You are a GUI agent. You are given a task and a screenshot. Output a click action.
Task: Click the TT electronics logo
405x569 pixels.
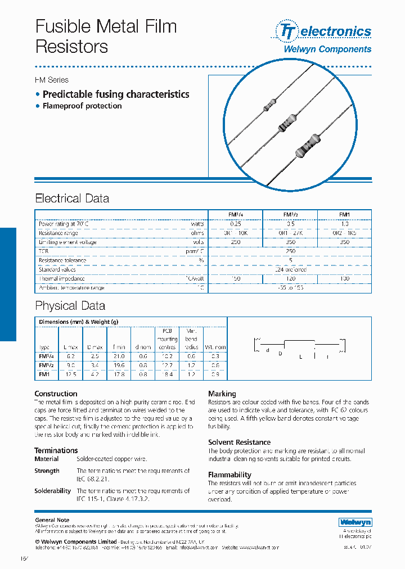323,31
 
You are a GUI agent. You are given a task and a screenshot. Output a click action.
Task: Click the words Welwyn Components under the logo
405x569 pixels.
327,49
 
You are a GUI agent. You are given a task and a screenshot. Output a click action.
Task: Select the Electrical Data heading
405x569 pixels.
72,198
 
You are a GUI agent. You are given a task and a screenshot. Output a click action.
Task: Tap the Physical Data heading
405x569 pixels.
70,306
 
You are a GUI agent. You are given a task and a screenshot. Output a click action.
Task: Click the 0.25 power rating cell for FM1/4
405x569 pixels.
235,224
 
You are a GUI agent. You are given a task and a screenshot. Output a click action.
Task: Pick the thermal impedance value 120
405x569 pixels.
290,278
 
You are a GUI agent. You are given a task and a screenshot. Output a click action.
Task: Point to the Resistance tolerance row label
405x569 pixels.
62,260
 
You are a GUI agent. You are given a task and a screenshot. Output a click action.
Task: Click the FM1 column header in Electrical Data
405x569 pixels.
344,214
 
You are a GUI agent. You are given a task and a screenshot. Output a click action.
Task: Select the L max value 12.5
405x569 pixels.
70,373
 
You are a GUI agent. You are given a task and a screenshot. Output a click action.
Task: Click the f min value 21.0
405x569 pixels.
119,356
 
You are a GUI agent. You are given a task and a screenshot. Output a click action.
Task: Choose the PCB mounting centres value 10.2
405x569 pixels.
166,356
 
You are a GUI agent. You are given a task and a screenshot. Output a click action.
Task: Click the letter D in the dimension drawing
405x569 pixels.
280,353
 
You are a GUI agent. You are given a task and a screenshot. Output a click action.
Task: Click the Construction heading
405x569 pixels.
56,394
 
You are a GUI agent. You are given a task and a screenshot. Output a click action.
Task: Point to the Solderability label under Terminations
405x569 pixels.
52,491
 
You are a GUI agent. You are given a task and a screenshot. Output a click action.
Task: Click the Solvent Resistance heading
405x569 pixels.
239,442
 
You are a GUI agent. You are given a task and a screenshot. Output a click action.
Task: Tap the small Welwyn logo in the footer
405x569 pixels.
355,522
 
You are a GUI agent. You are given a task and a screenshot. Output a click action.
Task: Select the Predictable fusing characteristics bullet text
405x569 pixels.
116,94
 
